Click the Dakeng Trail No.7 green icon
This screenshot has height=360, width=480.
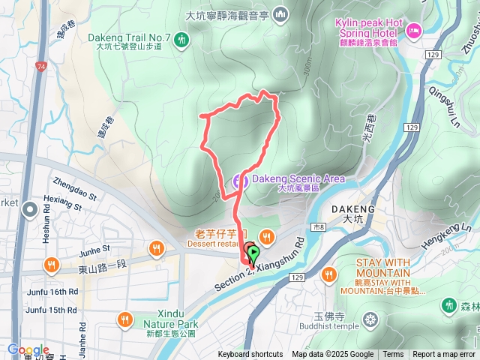pyautogui.click(x=181, y=40)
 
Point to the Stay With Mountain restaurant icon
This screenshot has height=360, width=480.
pyautogui.click(x=328, y=275)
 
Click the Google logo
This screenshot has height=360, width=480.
pyautogui.click(x=27, y=350)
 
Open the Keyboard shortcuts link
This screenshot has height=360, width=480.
pyautogui.click(x=250, y=355)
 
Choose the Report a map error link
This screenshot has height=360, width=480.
pyautogui.click(x=443, y=355)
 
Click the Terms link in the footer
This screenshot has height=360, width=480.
pyautogui.click(x=393, y=355)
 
